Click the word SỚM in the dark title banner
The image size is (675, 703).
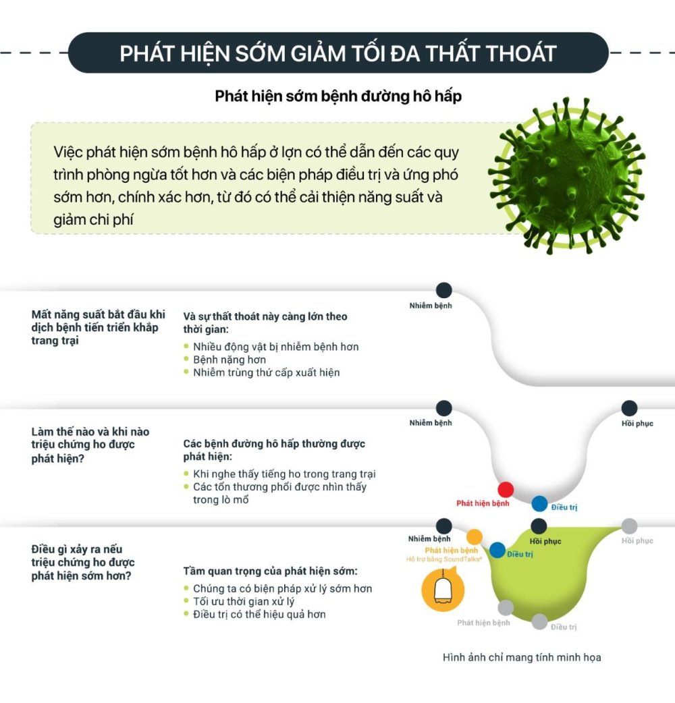261,53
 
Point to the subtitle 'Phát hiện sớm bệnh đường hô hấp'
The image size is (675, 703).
338,96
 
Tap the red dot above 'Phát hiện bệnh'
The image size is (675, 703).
506,490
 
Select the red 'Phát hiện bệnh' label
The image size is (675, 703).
483,503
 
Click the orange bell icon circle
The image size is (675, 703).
443,591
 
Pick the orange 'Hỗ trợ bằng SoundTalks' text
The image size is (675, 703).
444,559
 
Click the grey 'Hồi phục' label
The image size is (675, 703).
637,540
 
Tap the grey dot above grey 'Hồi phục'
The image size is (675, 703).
629,526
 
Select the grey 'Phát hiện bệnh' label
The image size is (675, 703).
483,623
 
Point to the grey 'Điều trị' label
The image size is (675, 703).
564,627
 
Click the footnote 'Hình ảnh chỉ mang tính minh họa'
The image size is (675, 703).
522,657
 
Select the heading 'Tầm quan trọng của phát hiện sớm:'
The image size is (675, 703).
271,571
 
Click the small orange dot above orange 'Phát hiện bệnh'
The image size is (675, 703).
474,536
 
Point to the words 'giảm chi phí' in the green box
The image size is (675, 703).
93,220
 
